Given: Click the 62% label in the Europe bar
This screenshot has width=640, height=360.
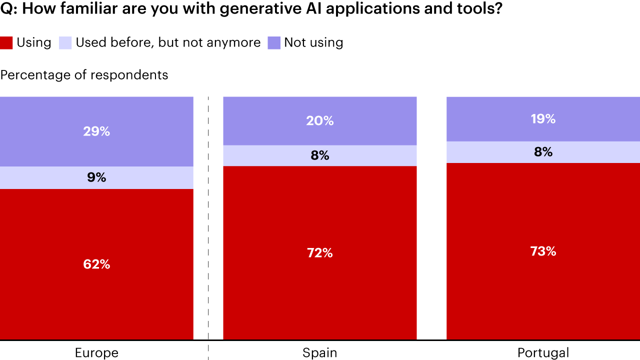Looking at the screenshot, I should [96, 264].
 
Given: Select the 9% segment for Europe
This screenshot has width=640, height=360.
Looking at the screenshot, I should [96, 177].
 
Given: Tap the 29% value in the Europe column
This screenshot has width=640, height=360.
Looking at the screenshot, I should [96, 131].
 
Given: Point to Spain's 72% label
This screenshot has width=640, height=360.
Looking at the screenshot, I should [320, 253].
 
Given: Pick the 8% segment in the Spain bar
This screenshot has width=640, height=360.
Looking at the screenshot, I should [320, 155].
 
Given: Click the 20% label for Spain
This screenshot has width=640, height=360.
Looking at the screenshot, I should [320, 121].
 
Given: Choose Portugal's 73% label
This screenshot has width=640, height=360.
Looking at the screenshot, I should [543, 251].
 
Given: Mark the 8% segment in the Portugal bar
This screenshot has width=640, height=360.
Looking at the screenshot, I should [543, 152].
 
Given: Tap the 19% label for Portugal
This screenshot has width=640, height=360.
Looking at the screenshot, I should [543, 119].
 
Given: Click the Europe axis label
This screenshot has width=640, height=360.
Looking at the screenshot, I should [96, 353].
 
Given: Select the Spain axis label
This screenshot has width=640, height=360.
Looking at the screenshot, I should [320, 353].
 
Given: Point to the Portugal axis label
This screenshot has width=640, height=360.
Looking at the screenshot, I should [543, 353].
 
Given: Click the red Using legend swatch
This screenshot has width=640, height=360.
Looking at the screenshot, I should [6, 43].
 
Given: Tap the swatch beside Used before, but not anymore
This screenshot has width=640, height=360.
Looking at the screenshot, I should [65, 43].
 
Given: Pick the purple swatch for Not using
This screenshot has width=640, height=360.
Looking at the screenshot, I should [274, 43].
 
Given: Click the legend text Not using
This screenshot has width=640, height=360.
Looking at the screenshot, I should [313, 42].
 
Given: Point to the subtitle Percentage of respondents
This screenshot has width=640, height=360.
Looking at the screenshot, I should [84, 75].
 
